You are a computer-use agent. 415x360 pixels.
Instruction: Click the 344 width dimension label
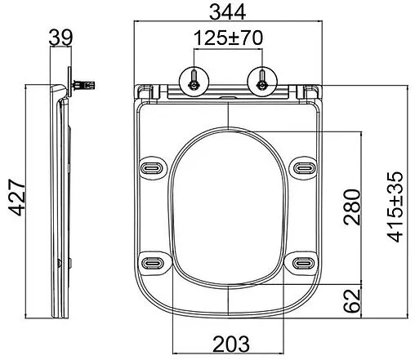(227, 12)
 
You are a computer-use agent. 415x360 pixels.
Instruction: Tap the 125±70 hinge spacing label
(228, 38)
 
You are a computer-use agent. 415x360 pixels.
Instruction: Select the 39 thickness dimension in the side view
(60, 38)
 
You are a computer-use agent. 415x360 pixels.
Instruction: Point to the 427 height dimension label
(17, 198)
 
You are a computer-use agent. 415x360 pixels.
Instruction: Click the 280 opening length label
(352, 207)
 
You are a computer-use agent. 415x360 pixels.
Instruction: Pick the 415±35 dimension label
(395, 207)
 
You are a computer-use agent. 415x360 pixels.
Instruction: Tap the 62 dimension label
(352, 300)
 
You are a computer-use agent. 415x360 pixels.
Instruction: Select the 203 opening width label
(231, 344)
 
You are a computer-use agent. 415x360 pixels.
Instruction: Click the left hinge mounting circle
(194, 82)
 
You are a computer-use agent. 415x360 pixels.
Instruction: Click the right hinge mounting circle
(262, 82)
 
